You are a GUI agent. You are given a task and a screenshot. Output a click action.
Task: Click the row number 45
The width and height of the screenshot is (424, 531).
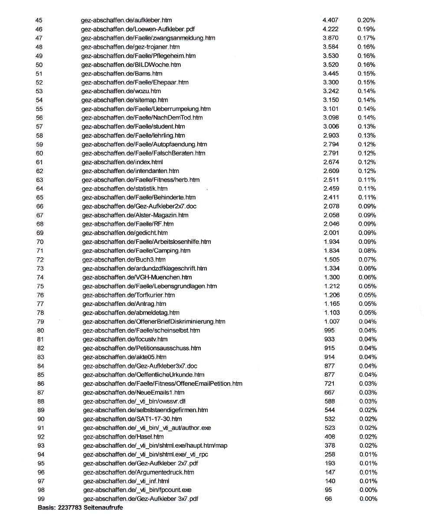click(39, 20)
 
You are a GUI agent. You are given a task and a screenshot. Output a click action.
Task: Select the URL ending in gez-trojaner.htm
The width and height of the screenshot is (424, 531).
click(130, 47)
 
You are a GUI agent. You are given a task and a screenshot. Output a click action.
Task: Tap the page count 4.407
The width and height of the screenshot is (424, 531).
click(330, 20)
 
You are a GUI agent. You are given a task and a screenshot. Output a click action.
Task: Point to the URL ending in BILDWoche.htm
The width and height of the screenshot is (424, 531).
click(131, 65)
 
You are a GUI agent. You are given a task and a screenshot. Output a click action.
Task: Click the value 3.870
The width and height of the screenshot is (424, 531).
click(331, 38)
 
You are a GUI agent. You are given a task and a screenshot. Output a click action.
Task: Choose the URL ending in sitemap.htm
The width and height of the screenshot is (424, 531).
click(124, 100)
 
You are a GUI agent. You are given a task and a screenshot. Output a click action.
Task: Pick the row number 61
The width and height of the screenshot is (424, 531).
click(39, 162)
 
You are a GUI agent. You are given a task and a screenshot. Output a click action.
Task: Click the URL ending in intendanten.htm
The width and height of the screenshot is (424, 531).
click(130, 171)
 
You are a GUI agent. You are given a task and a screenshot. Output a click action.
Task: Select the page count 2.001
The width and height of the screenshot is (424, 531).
click(331, 233)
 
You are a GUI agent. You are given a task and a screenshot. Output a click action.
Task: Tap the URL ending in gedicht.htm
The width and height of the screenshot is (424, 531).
click(125, 233)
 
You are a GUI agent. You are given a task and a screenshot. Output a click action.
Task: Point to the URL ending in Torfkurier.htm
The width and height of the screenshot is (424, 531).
click(128, 295)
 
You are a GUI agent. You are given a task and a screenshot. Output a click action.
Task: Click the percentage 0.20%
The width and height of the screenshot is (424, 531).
click(366, 20)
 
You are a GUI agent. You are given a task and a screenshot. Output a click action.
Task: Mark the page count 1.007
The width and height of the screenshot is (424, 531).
click(332, 321)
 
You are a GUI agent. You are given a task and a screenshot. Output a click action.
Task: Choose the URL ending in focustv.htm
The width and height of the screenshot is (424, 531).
click(125, 339)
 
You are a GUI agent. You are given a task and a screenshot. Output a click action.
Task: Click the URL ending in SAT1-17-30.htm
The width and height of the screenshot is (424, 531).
click(132, 419)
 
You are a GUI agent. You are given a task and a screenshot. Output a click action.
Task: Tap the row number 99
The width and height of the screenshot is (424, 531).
click(41, 499)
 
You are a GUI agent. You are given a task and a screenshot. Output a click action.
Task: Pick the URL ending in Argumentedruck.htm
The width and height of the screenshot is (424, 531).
click(138, 472)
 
